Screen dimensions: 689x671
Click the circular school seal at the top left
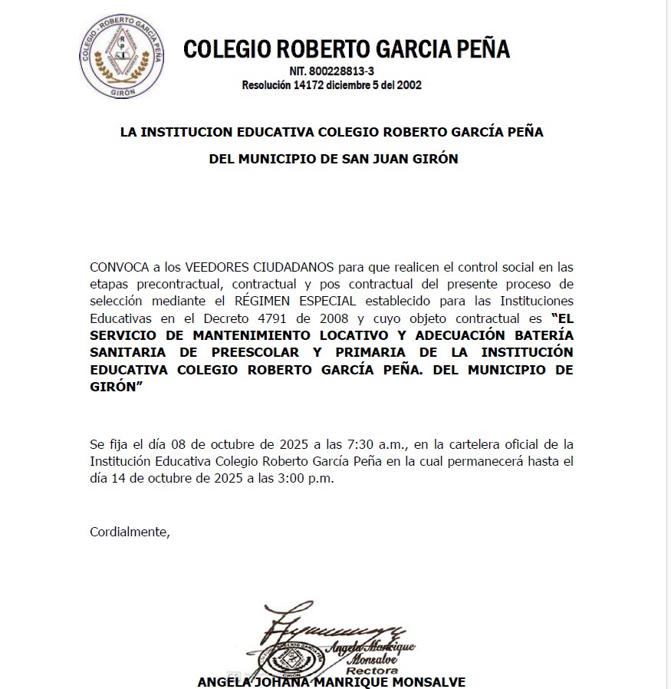(x=122, y=58)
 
